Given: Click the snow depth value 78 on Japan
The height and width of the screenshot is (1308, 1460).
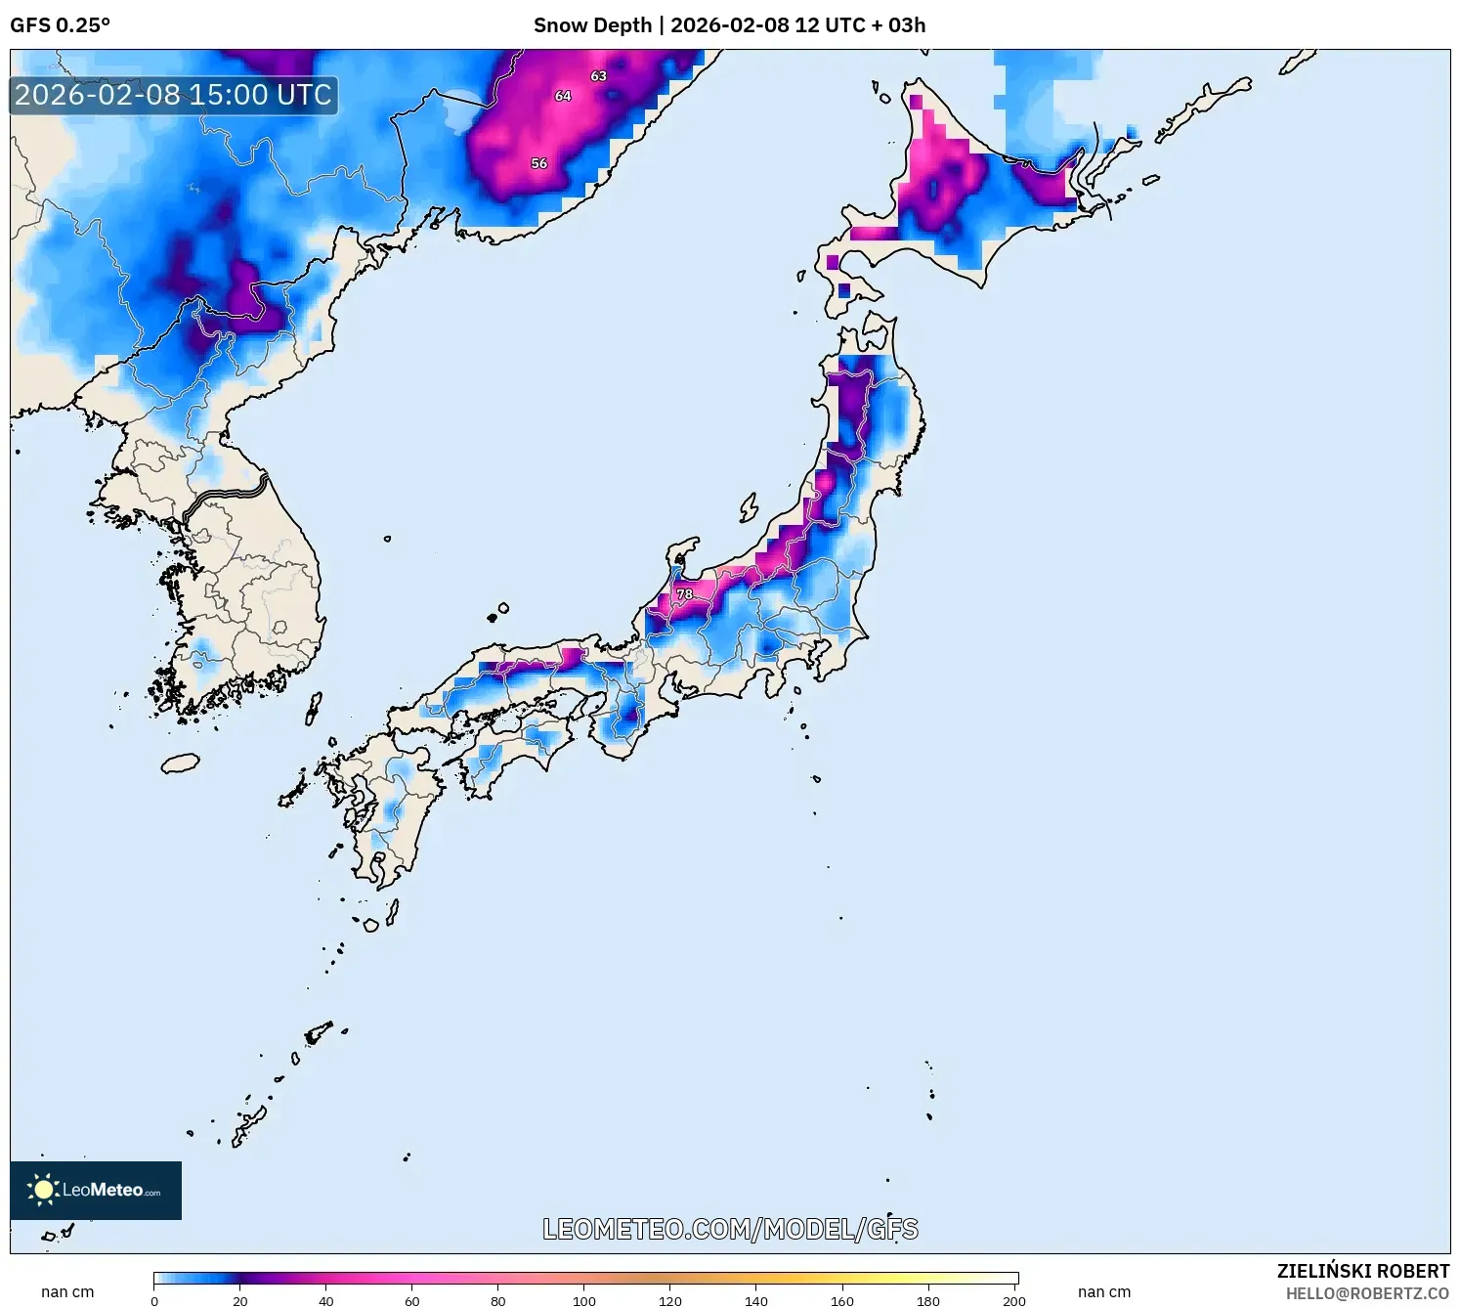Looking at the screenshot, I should click(685, 594).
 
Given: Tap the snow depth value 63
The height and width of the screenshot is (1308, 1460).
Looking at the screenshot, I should click(598, 76).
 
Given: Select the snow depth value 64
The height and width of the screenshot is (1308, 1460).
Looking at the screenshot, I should click(563, 96).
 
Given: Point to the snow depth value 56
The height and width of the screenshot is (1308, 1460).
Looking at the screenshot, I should click(539, 163).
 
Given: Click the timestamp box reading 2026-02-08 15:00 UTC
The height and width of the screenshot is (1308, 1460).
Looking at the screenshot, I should click(174, 96).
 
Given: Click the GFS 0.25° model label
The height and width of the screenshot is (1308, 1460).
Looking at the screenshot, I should click(61, 25).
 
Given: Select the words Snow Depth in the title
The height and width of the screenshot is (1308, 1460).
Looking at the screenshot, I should click(592, 25).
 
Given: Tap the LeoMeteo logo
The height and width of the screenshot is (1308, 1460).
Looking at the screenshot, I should click(96, 1190).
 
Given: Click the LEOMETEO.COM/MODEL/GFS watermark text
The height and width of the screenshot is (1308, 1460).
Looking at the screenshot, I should click(730, 1229).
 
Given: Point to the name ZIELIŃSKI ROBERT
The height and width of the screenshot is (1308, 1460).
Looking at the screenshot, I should click(1363, 1271).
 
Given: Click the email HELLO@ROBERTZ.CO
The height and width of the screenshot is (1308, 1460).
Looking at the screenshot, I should click(1367, 1293).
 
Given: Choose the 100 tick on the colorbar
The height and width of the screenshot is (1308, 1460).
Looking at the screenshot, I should click(584, 1300).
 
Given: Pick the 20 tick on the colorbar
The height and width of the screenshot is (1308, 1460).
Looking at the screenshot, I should click(240, 1300).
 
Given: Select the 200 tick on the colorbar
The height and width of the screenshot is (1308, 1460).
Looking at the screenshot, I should click(1014, 1300).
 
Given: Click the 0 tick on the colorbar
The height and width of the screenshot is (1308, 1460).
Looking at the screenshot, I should click(154, 1300).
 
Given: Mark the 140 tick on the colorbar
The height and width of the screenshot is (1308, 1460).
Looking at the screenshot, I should click(756, 1300).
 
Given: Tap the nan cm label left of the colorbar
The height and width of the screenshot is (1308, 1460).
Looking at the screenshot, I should click(67, 1292).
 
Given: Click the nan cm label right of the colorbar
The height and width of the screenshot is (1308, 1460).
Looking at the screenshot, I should click(1104, 1292).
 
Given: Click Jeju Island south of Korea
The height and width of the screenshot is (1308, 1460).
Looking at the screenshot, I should click(181, 763).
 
